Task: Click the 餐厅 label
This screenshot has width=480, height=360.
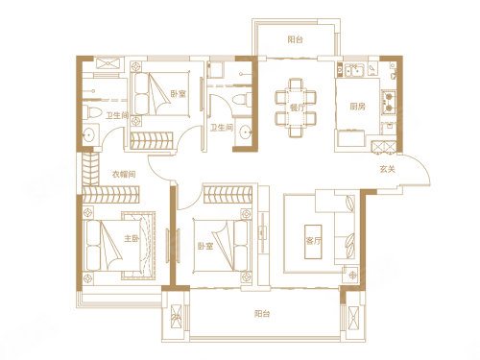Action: coord(295,108)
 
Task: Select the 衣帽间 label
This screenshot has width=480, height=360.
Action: coord(121,173)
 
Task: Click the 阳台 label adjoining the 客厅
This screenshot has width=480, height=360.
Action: coord(260,312)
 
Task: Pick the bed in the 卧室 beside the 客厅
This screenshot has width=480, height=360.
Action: coord(226,239)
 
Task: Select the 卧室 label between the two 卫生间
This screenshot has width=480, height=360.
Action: coord(177,94)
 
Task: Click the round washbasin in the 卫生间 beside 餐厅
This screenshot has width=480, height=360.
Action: coord(245,132)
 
